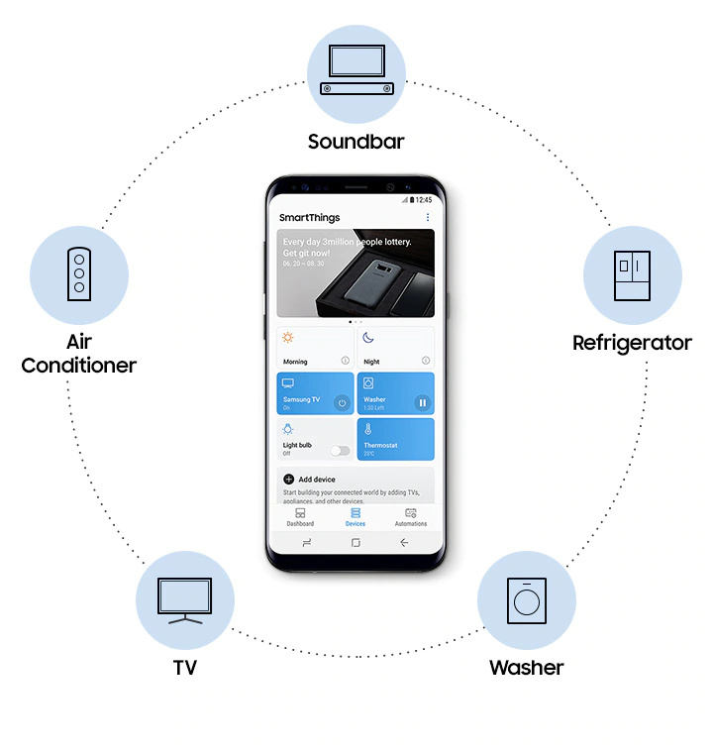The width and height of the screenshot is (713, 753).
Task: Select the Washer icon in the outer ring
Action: pyautogui.click(x=526, y=600)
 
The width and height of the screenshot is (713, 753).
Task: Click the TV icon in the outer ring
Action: pyautogui.click(x=184, y=600)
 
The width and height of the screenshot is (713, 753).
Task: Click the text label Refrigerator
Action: pyautogui.click(x=632, y=343)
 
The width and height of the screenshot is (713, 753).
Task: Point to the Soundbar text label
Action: pyautogui.click(x=356, y=142)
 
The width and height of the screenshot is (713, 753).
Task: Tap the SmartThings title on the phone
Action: pyautogui.click(x=308, y=217)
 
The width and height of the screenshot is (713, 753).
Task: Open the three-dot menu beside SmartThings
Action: pyautogui.click(x=428, y=217)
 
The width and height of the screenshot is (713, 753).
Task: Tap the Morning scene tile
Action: pyautogui.click(x=314, y=348)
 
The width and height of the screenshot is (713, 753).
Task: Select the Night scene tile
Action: pyautogui.click(x=395, y=348)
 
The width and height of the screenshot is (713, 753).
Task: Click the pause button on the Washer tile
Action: pyautogui.click(x=422, y=402)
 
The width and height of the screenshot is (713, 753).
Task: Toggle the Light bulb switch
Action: pyautogui.click(x=341, y=450)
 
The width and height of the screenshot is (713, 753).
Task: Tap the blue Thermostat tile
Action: pyautogui.click(x=395, y=439)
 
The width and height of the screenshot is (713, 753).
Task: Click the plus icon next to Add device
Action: pyautogui.click(x=289, y=479)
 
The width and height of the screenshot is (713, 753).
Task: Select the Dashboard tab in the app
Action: pyautogui.click(x=300, y=517)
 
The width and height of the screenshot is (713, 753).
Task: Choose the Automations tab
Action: pyautogui.click(x=411, y=517)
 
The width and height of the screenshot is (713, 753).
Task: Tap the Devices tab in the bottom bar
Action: pyautogui.click(x=355, y=517)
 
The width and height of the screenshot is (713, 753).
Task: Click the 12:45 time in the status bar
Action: pyautogui.click(x=424, y=199)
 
